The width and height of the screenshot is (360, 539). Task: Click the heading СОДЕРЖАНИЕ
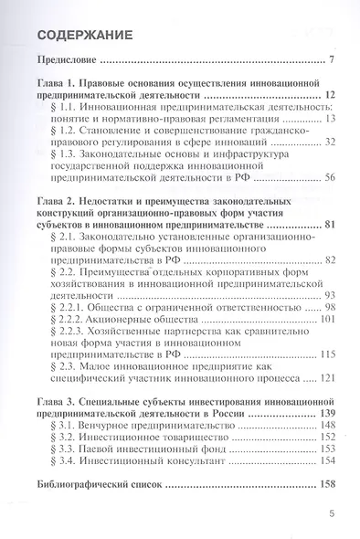point(85,36)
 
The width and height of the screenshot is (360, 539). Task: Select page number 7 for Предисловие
point(330,62)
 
